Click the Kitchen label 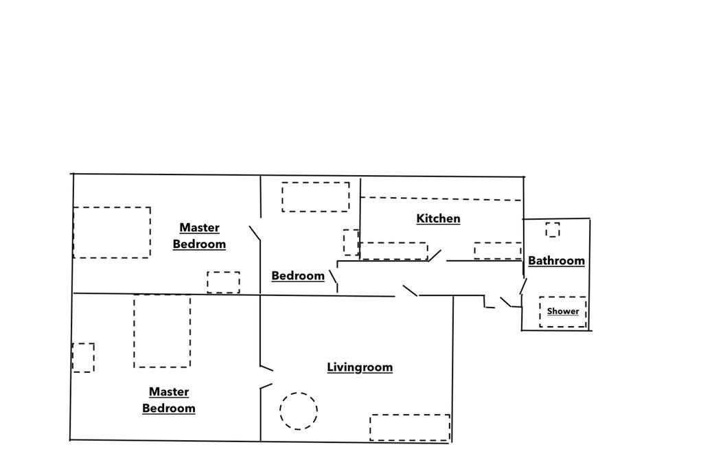coord(438,219)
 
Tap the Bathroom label coord(556,260)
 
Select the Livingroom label coord(360,367)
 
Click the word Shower coord(563,311)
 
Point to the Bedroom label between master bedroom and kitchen coord(298,276)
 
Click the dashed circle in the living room coord(299,393)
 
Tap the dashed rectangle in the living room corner coord(410,428)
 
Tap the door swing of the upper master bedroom coord(255,233)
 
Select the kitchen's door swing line coord(435,255)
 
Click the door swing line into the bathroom coord(523,286)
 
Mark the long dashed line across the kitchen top coord(441,198)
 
